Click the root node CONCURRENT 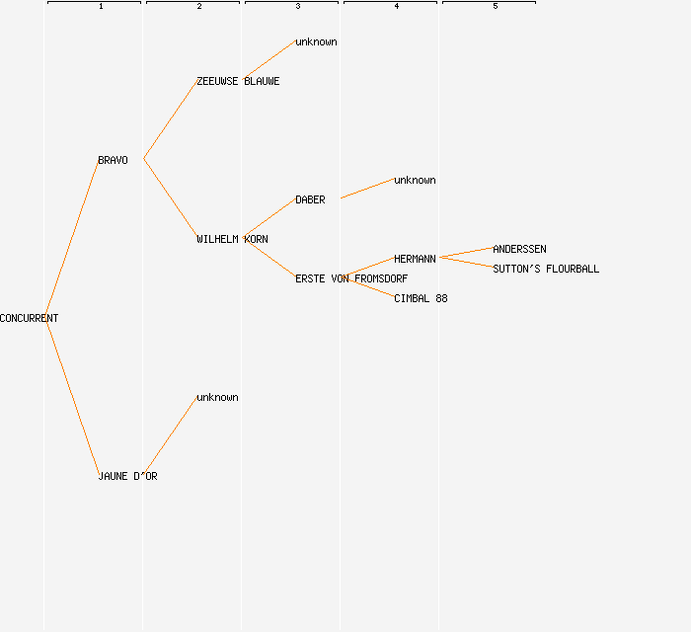[29, 318]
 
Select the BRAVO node [113, 160]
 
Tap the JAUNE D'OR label [127, 476]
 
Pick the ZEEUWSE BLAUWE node [238, 81]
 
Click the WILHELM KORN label [232, 239]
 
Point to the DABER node [310, 199]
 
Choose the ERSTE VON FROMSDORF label [351, 278]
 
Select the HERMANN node [415, 259]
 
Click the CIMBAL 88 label [421, 298]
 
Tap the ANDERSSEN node [519, 249]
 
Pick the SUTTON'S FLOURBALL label [546, 269]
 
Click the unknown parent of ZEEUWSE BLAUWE [316, 41]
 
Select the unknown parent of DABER [415, 180]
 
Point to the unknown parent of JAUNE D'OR [217, 397]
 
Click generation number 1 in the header [101, 7]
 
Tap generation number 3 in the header [298, 7]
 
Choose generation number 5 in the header [496, 7]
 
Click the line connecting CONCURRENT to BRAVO [71, 239]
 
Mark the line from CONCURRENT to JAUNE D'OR [71, 397]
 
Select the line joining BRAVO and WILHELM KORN [170, 198]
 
